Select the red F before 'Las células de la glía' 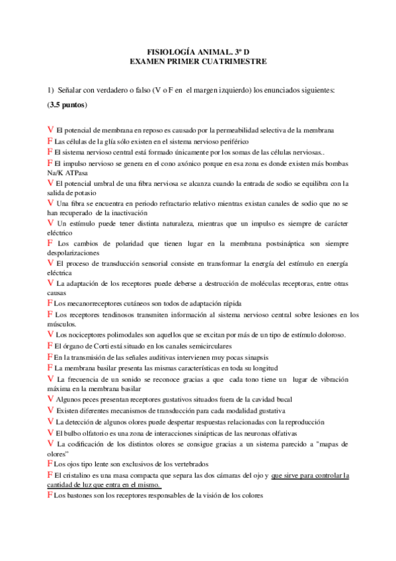(x=50, y=141)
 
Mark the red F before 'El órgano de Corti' (x=50, y=345)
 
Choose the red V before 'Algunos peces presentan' (x=51, y=398)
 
